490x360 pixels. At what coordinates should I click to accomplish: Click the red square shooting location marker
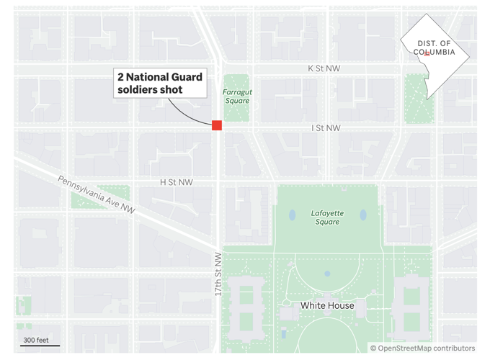pos(217,125)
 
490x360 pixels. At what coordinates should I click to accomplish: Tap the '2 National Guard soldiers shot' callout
pos(160,83)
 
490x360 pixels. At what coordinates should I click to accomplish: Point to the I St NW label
pos(326,128)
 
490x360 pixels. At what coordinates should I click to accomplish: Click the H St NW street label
pos(177,182)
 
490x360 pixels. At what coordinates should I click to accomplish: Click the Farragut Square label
pos(236,96)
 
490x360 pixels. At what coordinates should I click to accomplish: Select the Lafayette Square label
pos(327,217)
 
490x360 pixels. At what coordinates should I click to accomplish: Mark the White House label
pos(327,305)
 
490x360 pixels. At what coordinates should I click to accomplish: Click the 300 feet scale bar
pos(40,343)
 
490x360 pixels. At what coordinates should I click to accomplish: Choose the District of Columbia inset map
pos(435,55)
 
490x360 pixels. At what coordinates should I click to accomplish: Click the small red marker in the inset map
pos(427,53)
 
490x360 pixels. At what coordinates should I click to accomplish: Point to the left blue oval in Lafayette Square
pos(292,215)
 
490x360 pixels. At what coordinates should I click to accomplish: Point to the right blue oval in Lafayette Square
pos(363,215)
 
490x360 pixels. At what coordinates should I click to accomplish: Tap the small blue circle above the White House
pos(327,274)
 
